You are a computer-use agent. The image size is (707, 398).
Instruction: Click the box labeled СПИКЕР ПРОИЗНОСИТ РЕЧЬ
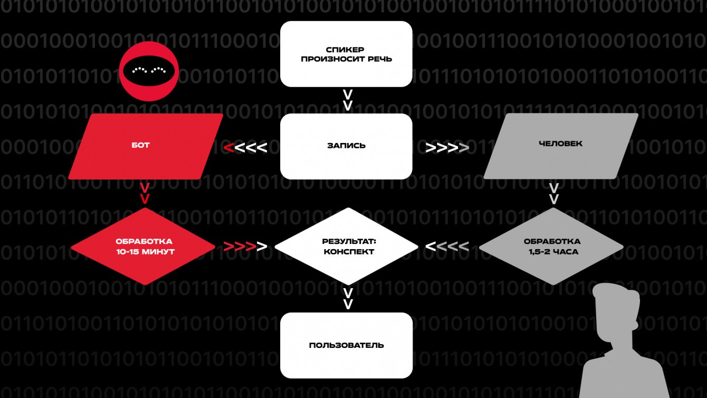pos(346,54)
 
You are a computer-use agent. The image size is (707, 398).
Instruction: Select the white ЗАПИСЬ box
pos(346,146)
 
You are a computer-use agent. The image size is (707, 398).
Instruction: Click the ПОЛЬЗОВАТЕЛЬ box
pos(346,345)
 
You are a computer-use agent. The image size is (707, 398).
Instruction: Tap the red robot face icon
pos(149,71)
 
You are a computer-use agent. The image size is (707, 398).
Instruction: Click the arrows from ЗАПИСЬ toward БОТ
pos(245,147)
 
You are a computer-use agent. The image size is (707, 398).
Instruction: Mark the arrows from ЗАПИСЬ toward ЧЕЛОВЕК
pos(447,148)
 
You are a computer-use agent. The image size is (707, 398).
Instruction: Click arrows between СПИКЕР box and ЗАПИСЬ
pos(348,100)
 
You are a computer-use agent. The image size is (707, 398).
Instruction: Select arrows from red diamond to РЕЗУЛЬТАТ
pos(245,247)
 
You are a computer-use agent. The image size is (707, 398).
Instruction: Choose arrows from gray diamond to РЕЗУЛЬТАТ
pos(447,247)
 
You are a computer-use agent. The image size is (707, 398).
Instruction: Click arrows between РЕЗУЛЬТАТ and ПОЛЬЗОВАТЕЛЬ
pos(348,299)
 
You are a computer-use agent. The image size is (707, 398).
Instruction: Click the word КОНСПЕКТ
pos(349,252)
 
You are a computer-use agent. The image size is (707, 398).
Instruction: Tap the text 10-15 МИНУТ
pos(145,252)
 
